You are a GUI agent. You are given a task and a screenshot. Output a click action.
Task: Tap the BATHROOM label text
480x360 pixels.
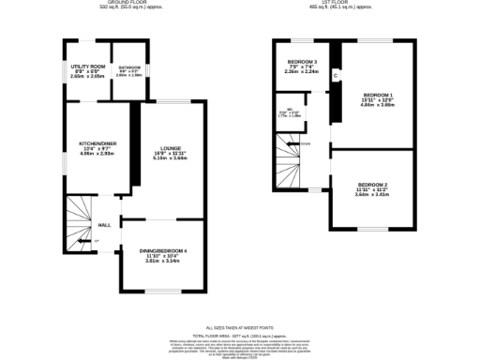(x=128, y=67)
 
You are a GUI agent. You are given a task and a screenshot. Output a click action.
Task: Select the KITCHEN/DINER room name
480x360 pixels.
(x=96, y=142)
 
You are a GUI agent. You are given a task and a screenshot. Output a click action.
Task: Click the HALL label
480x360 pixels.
(x=105, y=225)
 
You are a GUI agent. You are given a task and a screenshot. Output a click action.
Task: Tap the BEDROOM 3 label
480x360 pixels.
(x=303, y=62)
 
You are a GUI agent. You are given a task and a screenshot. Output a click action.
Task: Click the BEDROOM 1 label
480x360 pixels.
(x=378, y=95)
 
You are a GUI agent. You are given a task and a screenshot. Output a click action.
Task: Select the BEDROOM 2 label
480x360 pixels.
(x=373, y=184)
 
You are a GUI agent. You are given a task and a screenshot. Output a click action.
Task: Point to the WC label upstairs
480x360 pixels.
(x=292, y=110)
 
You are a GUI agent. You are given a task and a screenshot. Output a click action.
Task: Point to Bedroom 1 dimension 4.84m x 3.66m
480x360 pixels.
(x=378, y=106)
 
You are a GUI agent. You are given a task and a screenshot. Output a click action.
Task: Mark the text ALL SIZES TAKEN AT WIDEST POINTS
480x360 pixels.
(x=239, y=328)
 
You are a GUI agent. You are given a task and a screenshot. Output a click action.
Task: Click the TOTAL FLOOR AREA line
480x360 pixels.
(x=239, y=336)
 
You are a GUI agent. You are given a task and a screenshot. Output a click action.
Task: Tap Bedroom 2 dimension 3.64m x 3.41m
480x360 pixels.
(x=373, y=195)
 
